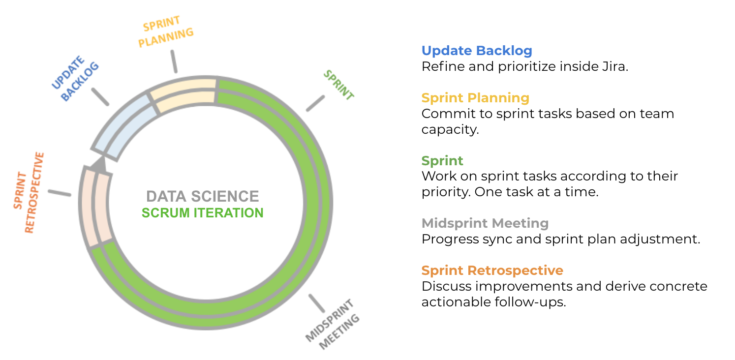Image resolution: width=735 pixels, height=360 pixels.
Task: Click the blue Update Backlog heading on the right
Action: tap(477, 51)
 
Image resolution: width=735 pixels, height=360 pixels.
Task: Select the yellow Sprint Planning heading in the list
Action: tap(475, 98)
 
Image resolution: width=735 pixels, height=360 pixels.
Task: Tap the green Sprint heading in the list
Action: tap(442, 161)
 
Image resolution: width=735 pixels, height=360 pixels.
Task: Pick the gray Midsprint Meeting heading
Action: tap(485, 223)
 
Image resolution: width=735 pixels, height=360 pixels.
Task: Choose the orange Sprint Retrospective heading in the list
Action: tap(492, 270)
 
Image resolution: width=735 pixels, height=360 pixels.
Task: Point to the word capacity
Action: tap(450, 130)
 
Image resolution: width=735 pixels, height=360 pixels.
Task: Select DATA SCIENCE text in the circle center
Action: tap(203, 197)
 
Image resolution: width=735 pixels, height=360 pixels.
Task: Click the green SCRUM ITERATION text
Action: tap(203, 213)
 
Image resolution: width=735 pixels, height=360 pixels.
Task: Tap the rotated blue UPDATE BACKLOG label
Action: tap(75, 78)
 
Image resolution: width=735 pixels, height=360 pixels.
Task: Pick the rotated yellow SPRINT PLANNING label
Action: tap(165, 32)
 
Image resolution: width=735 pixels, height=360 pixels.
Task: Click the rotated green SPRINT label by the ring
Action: tap(338, 85)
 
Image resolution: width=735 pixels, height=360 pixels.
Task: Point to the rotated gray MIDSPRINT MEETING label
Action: tap(333, 324)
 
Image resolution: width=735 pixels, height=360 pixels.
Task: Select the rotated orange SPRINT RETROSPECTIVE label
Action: tap(29, 193)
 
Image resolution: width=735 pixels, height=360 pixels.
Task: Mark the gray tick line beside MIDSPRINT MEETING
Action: tap(317, 303)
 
